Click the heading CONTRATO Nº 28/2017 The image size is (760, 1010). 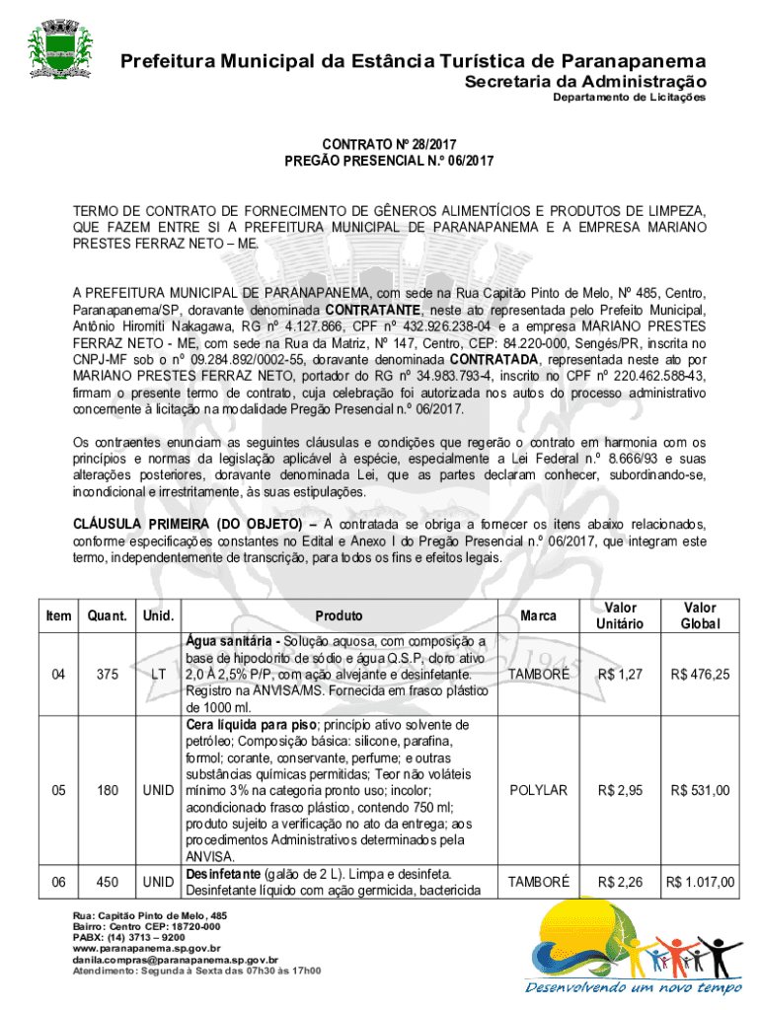tap(389, 144)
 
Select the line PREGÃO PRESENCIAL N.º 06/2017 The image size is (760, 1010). tap(389, 161)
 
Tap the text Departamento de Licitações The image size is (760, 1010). tap(629, 99)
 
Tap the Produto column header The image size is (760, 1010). tap(339, 615)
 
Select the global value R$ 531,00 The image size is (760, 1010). tap(700, 790)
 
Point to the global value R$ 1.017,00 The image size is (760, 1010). tap(700, 882)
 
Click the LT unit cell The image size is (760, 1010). tap(157, 675)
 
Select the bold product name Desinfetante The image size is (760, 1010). tap(222, 874)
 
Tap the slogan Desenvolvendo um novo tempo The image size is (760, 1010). tap(633, 988)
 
